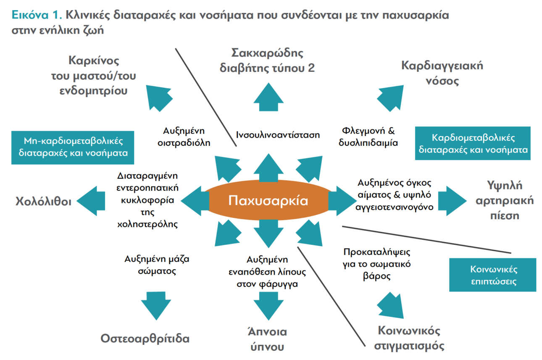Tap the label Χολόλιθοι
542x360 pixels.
coord(43,201)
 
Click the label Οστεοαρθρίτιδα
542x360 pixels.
coord(145,339)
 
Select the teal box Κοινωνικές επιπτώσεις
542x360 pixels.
coord(492,275)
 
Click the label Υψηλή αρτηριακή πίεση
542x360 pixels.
coord(510,200)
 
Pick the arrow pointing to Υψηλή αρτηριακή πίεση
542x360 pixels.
coord(452,200)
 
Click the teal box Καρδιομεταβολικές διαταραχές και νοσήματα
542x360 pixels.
coord(473,143)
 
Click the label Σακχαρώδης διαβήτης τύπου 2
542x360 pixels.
coord(267,60)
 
